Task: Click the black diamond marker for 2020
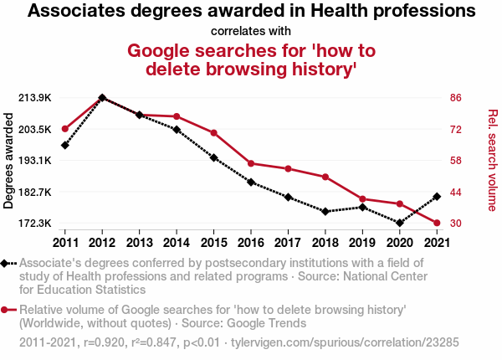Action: tap(399, 223)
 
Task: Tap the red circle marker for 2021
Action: tap(436, 223)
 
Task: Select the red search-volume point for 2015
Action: tap(213, 133)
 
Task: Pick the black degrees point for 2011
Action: tap(65, 145)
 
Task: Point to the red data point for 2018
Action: tap(325, 177)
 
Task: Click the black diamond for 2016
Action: tap(251, 182)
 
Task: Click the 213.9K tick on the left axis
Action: tap(36, 97)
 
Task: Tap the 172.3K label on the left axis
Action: tap(36, 223)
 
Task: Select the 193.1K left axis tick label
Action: tap(36, 160)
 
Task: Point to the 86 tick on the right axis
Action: tap(456, 97)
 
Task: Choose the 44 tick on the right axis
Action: tap(456, 192)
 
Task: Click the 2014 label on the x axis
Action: tap(177, 243)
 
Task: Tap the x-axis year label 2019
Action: tap(361, 243)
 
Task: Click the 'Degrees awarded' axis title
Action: tap(9, 160)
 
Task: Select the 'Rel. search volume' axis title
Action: tap(492, 160)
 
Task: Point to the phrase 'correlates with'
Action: tap(251, 32)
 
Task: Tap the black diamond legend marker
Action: tap(7, 263)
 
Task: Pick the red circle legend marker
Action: tap(7, 310)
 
